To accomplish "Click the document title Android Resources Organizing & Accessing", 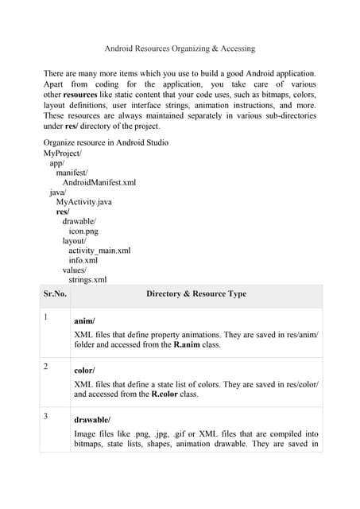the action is click(x=180, y=49).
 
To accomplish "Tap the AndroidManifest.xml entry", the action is click(x=99, y=182).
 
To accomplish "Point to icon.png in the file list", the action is click(x=83, y=231).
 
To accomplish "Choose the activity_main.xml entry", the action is click(x=99, y=251).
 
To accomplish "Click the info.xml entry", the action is click(x=83, y=260).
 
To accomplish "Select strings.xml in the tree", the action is click(x=87, y=280).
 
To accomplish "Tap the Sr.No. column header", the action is click(x=55, y=294).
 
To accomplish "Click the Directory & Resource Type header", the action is click(x=195, y=294).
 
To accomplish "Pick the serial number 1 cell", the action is click(x=46, y=318).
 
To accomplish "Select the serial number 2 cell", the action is click(x=46, y=367).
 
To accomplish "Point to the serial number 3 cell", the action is click(x=46, y=416).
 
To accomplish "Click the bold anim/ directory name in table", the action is click(x=84, y=321).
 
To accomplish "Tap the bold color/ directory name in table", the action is click(x=84, y=371).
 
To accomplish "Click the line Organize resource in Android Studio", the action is click(x=106, y=142).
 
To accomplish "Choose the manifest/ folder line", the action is click(x=72, y=172).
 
